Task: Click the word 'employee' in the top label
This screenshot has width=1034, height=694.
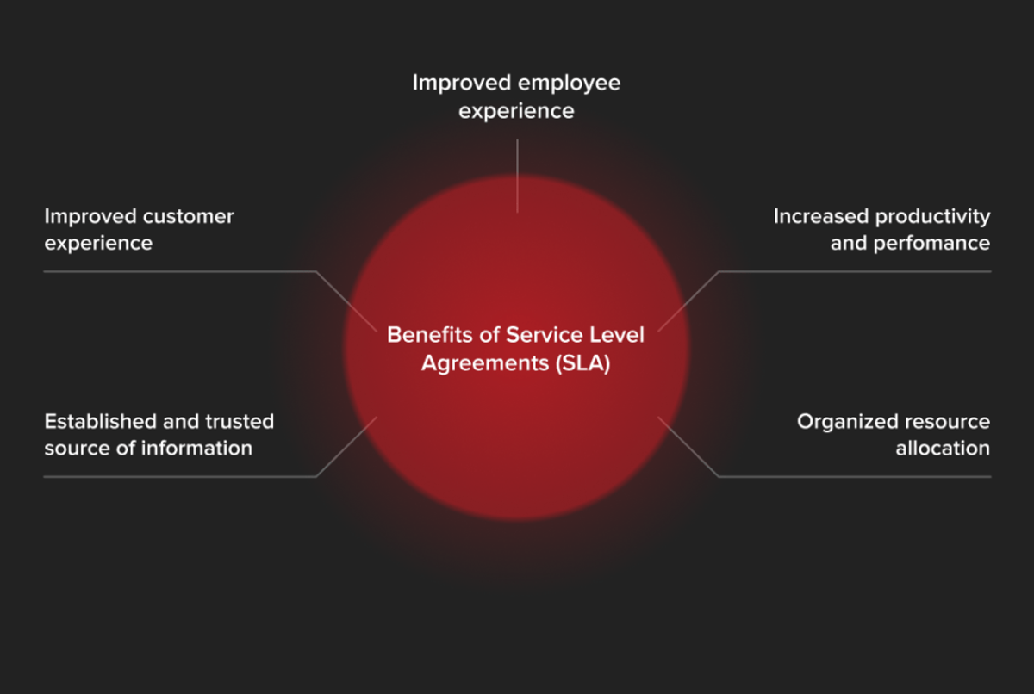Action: coord(570,84)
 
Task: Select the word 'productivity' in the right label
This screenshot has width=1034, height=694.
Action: coord(933,218)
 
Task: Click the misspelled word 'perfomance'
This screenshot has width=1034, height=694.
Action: coord(931,244)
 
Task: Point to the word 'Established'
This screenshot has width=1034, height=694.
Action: coord(100,421)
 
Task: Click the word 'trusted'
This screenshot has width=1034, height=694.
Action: coord(240,421)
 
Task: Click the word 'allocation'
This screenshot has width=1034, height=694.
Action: coord(943,449)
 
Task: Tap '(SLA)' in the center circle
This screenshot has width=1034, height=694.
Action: coord(583,363)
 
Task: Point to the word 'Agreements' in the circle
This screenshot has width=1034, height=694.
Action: coord(485,364)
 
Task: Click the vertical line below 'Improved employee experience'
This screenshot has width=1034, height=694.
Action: coord(518,176)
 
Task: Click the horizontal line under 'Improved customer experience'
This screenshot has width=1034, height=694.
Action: coord(180,271)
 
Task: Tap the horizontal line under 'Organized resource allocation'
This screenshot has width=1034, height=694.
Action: coord(855,476)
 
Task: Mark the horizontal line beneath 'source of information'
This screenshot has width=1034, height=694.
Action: coord(180,476)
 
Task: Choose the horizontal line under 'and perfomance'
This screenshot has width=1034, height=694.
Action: coord(855,271)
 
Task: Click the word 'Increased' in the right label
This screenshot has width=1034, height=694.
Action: coord(821,216)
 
